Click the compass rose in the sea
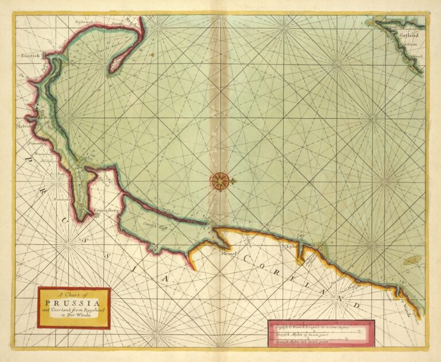pyautogui.click(x=219, y=181)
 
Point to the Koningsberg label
pyautogui.click(x=105, y=211)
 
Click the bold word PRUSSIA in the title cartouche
pyautogui.click(x=73, y=302)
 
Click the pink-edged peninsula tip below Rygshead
pyautogui.click(x=114, y=67)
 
